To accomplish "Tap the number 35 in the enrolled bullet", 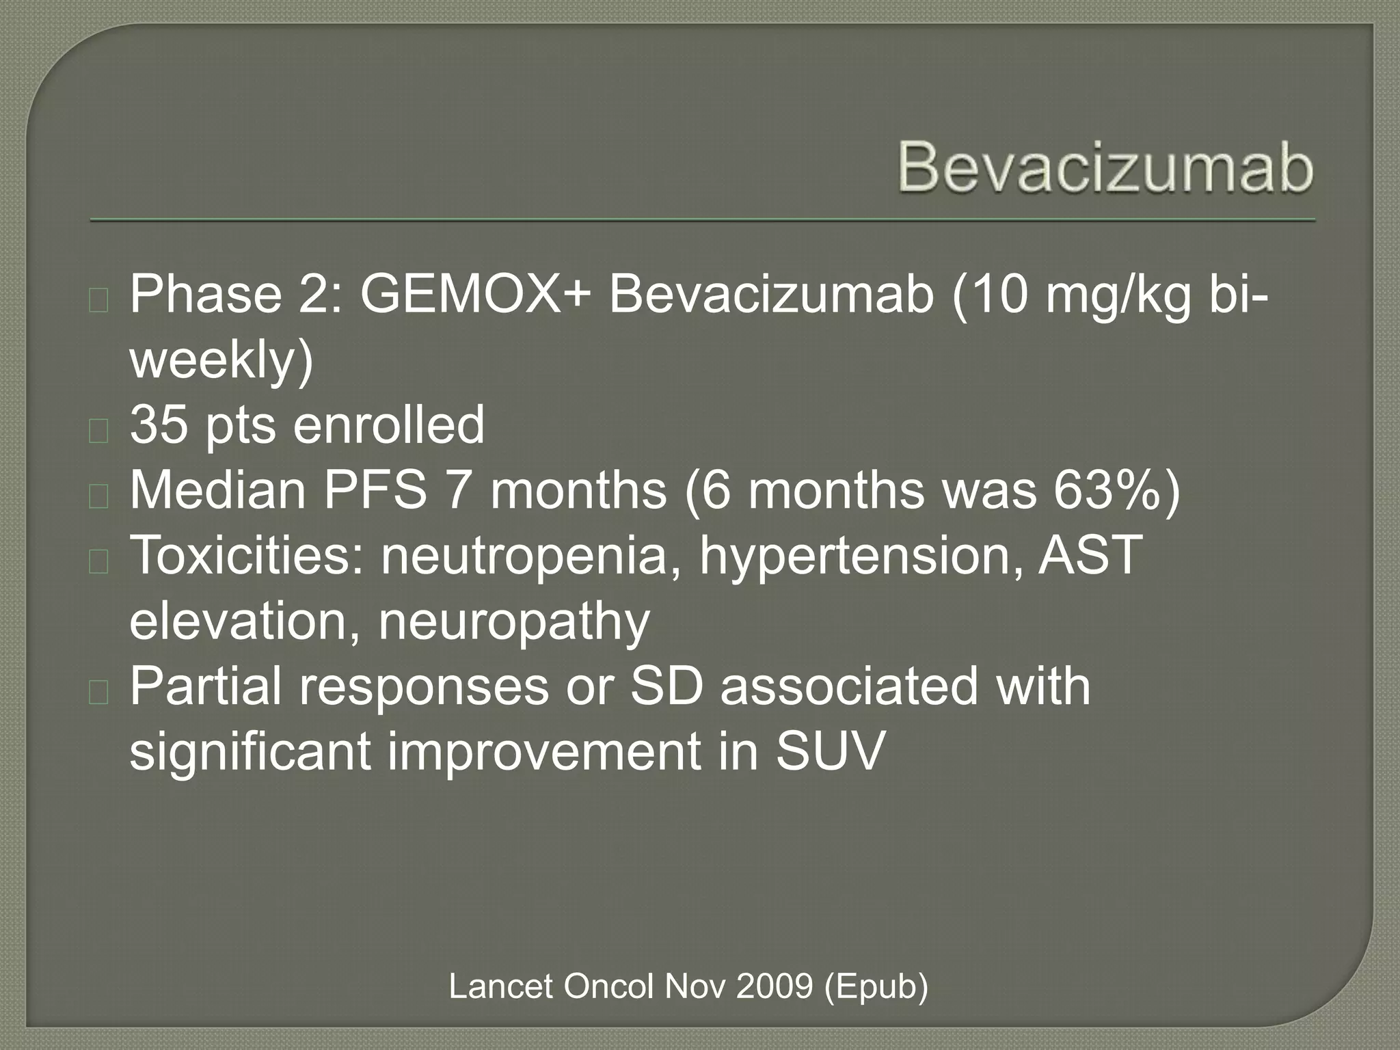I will [x=159, y=425].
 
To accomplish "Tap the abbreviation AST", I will [x=1090, y=555].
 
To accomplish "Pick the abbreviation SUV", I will [x=830, y=751].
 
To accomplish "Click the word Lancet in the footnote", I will [x=500, y=986].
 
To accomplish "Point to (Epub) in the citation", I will [x=876, y=986].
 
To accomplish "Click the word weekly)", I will [x=221, y=361].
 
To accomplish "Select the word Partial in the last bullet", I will [x=205, y=686].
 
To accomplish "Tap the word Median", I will [x=217, y=491].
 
